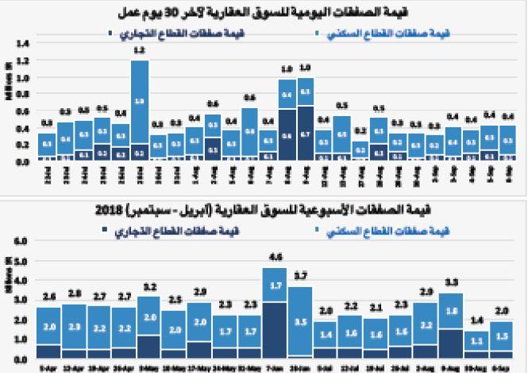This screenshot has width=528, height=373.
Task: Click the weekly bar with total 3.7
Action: coord(299,321)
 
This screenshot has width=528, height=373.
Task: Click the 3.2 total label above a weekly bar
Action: coord(148,286)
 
